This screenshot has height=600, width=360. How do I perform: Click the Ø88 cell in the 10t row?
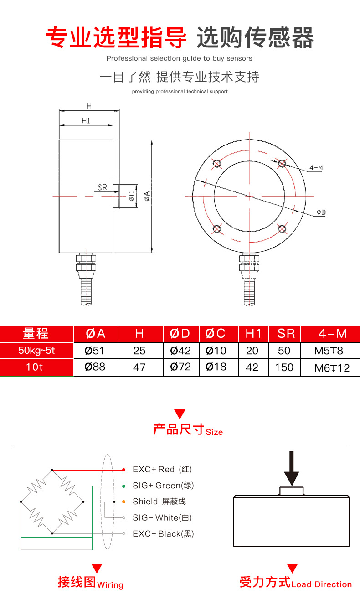[x=95, y=367]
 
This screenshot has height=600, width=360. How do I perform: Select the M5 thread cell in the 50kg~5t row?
[x=329, y=351]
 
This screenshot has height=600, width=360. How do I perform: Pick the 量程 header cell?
[x=36, y=334]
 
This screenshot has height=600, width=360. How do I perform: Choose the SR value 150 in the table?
[x=284, y=367]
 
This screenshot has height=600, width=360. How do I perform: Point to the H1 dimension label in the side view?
[x=86, y=120]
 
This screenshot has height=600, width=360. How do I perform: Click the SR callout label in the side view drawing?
[x=102, y=187]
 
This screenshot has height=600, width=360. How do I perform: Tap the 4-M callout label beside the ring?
[x=316, y=168]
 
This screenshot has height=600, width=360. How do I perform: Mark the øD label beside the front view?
[x=321, y=212]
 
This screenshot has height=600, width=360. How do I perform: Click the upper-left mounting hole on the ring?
[x=216, y=163]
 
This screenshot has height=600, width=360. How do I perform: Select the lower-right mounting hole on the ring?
[x=282, y=228]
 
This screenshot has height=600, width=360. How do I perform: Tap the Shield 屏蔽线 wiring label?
[x=159, y=502]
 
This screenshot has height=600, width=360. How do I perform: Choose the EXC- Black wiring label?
[x=163, y=533]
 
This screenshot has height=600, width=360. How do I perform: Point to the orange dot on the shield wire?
[x=123, y=502]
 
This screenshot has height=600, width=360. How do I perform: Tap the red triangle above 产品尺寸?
[x=180, y=414]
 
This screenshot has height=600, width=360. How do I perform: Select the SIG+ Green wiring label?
[x=163, y=486]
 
